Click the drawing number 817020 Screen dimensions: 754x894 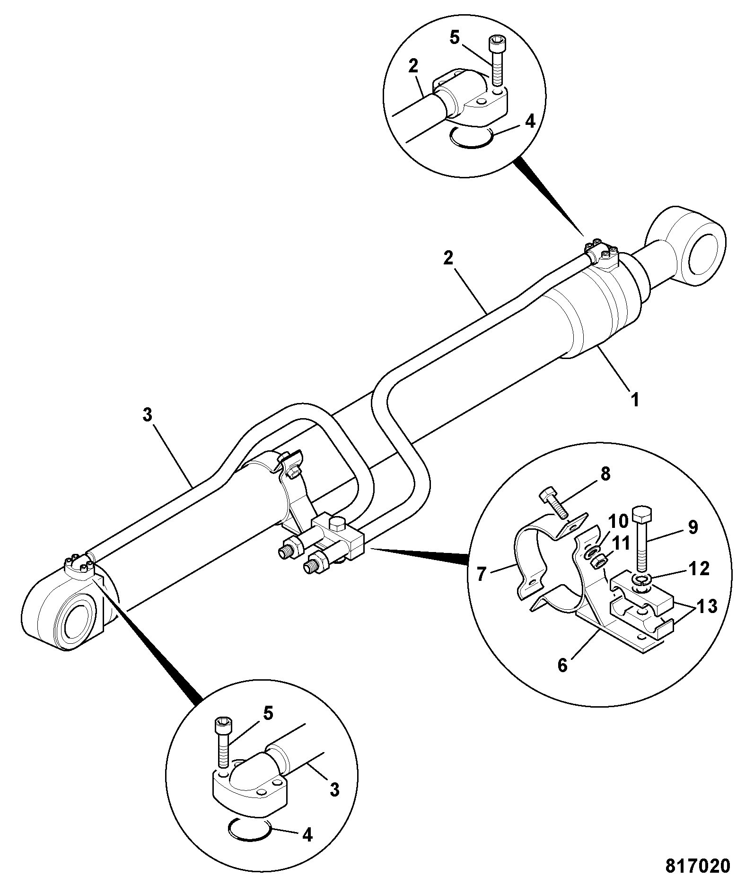698,865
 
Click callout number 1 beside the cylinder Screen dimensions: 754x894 635,399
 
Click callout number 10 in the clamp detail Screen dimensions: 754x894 618,522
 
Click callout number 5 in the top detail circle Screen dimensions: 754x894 455,38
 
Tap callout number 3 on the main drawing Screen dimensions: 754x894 147,415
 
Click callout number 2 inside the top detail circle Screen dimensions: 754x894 413,66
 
